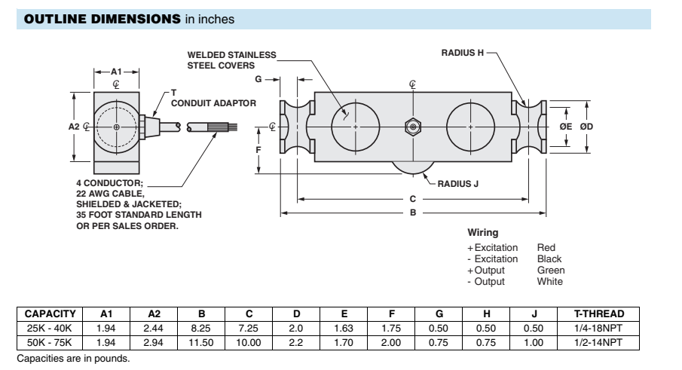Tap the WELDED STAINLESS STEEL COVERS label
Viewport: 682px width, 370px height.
click(x=231, y=60)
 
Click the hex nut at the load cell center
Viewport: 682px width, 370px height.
click(x=412, y=127)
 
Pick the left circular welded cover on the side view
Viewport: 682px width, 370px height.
click(x=356, y=126)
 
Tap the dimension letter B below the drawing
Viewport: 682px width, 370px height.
click(x=413, y=213)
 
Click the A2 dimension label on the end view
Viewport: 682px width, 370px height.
click(x=74, y=127)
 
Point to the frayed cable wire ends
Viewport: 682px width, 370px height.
click(x=224, y=130)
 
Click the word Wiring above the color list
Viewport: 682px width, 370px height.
click(x=483, y=233)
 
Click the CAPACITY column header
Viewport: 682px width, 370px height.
click(x=50, y=313)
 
